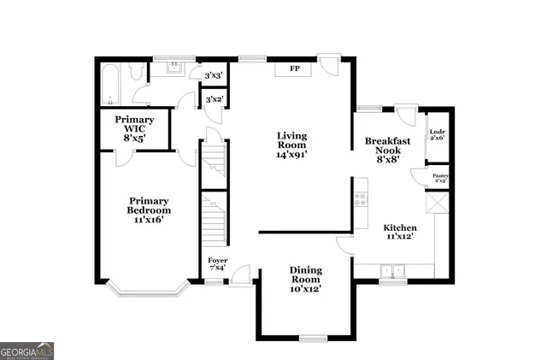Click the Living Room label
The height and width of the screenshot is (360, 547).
click(291, 140)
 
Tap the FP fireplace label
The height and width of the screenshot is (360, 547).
click(294, 68)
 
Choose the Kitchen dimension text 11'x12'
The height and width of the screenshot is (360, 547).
click(398, 235)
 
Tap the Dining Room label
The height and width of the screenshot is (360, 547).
click(305, 274)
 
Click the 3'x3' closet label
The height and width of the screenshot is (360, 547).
click(214, 76)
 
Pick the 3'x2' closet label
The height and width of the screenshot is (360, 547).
click(214, 100)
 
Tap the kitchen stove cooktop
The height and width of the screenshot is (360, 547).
click(361, 199)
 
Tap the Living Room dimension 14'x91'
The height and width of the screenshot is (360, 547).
click(291, 156)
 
